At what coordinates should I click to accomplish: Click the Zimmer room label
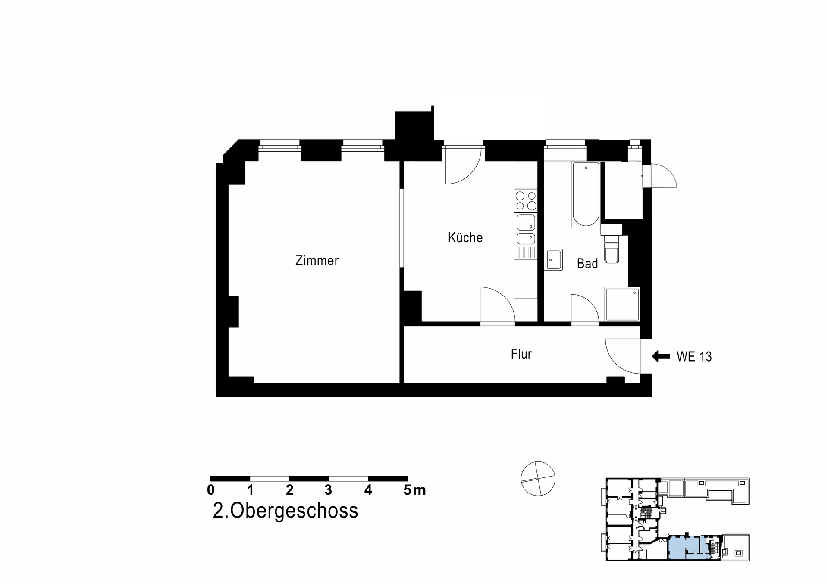tap(317, 260)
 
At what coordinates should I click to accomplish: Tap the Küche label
tap(465, 237)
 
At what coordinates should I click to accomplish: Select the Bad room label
tap(587, 263)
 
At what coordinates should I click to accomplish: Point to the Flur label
tap(521, 354)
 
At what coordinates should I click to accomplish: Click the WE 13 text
tap(694, 357)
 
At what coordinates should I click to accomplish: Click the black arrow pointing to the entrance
tap(661, 356)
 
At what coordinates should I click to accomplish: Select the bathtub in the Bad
tap(586, 195)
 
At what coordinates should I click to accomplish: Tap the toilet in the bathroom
tap(612, 249)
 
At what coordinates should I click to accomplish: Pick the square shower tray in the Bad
tap(622, 304)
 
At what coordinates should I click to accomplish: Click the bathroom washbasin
tap(553, 260)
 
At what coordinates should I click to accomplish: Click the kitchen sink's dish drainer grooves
tap(526, 253)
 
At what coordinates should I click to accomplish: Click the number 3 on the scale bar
tap(329, 490)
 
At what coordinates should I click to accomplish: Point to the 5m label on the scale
tap(414, 490)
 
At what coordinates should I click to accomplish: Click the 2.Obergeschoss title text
tap(285, 511)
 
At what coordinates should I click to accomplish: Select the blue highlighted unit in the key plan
tap(688, 547)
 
